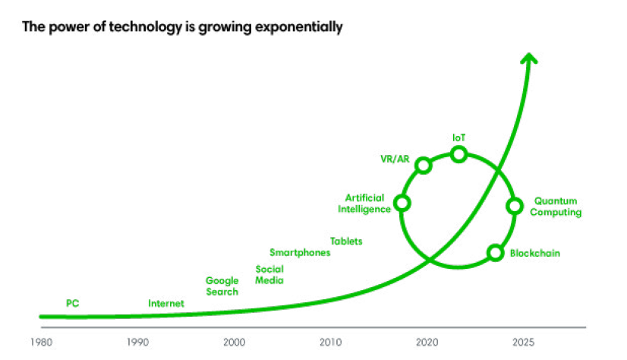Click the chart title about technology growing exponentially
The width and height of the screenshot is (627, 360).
[x=182, y=28]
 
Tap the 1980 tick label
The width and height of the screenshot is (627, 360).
[x=42, y=342]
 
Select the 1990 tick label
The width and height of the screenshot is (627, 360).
[x=137, y=342]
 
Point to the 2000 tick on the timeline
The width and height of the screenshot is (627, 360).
[x=234, y=342]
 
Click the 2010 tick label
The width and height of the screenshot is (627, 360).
[x=329, y=342]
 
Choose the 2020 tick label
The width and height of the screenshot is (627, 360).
[x=427, y=342]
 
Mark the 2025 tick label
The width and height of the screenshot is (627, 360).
[x=522, y=342]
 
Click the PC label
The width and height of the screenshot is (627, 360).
[x=73, y=304]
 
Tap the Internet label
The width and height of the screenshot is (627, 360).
[x=165, y=304]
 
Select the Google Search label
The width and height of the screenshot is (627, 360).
[x=222, y=286]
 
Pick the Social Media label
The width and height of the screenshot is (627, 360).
[x=269, y=274]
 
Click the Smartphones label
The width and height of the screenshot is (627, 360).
[x=300, y=253]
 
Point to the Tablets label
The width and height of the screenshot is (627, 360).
[x=346, y=242]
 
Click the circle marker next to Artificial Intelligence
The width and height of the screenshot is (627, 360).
[x=402, y=203]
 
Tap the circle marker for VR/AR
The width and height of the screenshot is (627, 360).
[x=424, y=165]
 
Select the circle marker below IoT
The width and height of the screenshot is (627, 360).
[x=458, y=154]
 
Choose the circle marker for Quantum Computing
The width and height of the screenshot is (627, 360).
[x=514, y=206]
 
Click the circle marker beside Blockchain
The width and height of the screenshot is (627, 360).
[x=495, y=252]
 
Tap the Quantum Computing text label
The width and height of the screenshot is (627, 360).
[x=556, y=207]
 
